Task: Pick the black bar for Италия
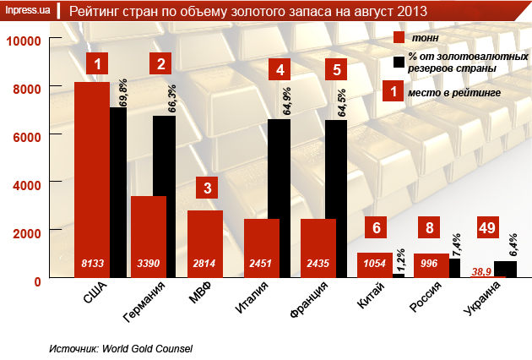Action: point(279,199)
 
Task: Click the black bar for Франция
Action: point(335,199)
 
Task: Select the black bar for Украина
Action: point(505,270)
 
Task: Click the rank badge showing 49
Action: point(487,227)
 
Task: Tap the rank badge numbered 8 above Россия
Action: point(430,227)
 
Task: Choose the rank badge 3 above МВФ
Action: point(208,188)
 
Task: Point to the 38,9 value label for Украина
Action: point(483,271)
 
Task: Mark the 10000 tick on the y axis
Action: point(24,41)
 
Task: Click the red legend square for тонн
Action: point(399,39)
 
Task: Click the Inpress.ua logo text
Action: point(26,11)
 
